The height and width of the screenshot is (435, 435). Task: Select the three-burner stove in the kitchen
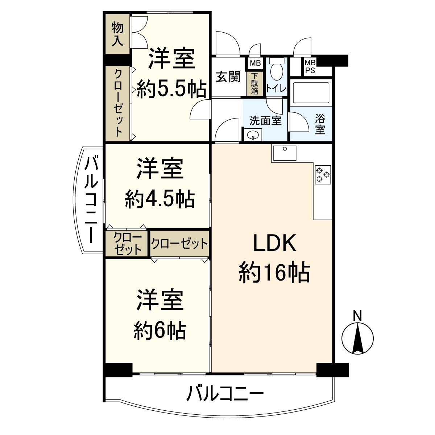point(323,174)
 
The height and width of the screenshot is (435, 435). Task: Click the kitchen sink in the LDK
point(285,153)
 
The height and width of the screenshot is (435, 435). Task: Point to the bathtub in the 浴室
point(311,93)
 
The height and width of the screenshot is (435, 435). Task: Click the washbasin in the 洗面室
point(252,135)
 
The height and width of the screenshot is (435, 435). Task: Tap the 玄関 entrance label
point(228,77)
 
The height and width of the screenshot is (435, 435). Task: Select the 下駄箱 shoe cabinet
point(255,84)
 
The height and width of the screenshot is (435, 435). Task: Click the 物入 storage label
point(117,34)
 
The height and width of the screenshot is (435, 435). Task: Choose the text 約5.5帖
point(171,89)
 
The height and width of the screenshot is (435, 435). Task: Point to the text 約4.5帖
point(160,198)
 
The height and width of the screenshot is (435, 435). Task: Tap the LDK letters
point(274,243)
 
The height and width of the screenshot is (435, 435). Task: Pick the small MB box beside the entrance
point(255,63)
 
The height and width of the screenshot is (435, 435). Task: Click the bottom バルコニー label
point(225,393)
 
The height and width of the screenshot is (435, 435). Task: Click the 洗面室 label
point(265,120)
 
